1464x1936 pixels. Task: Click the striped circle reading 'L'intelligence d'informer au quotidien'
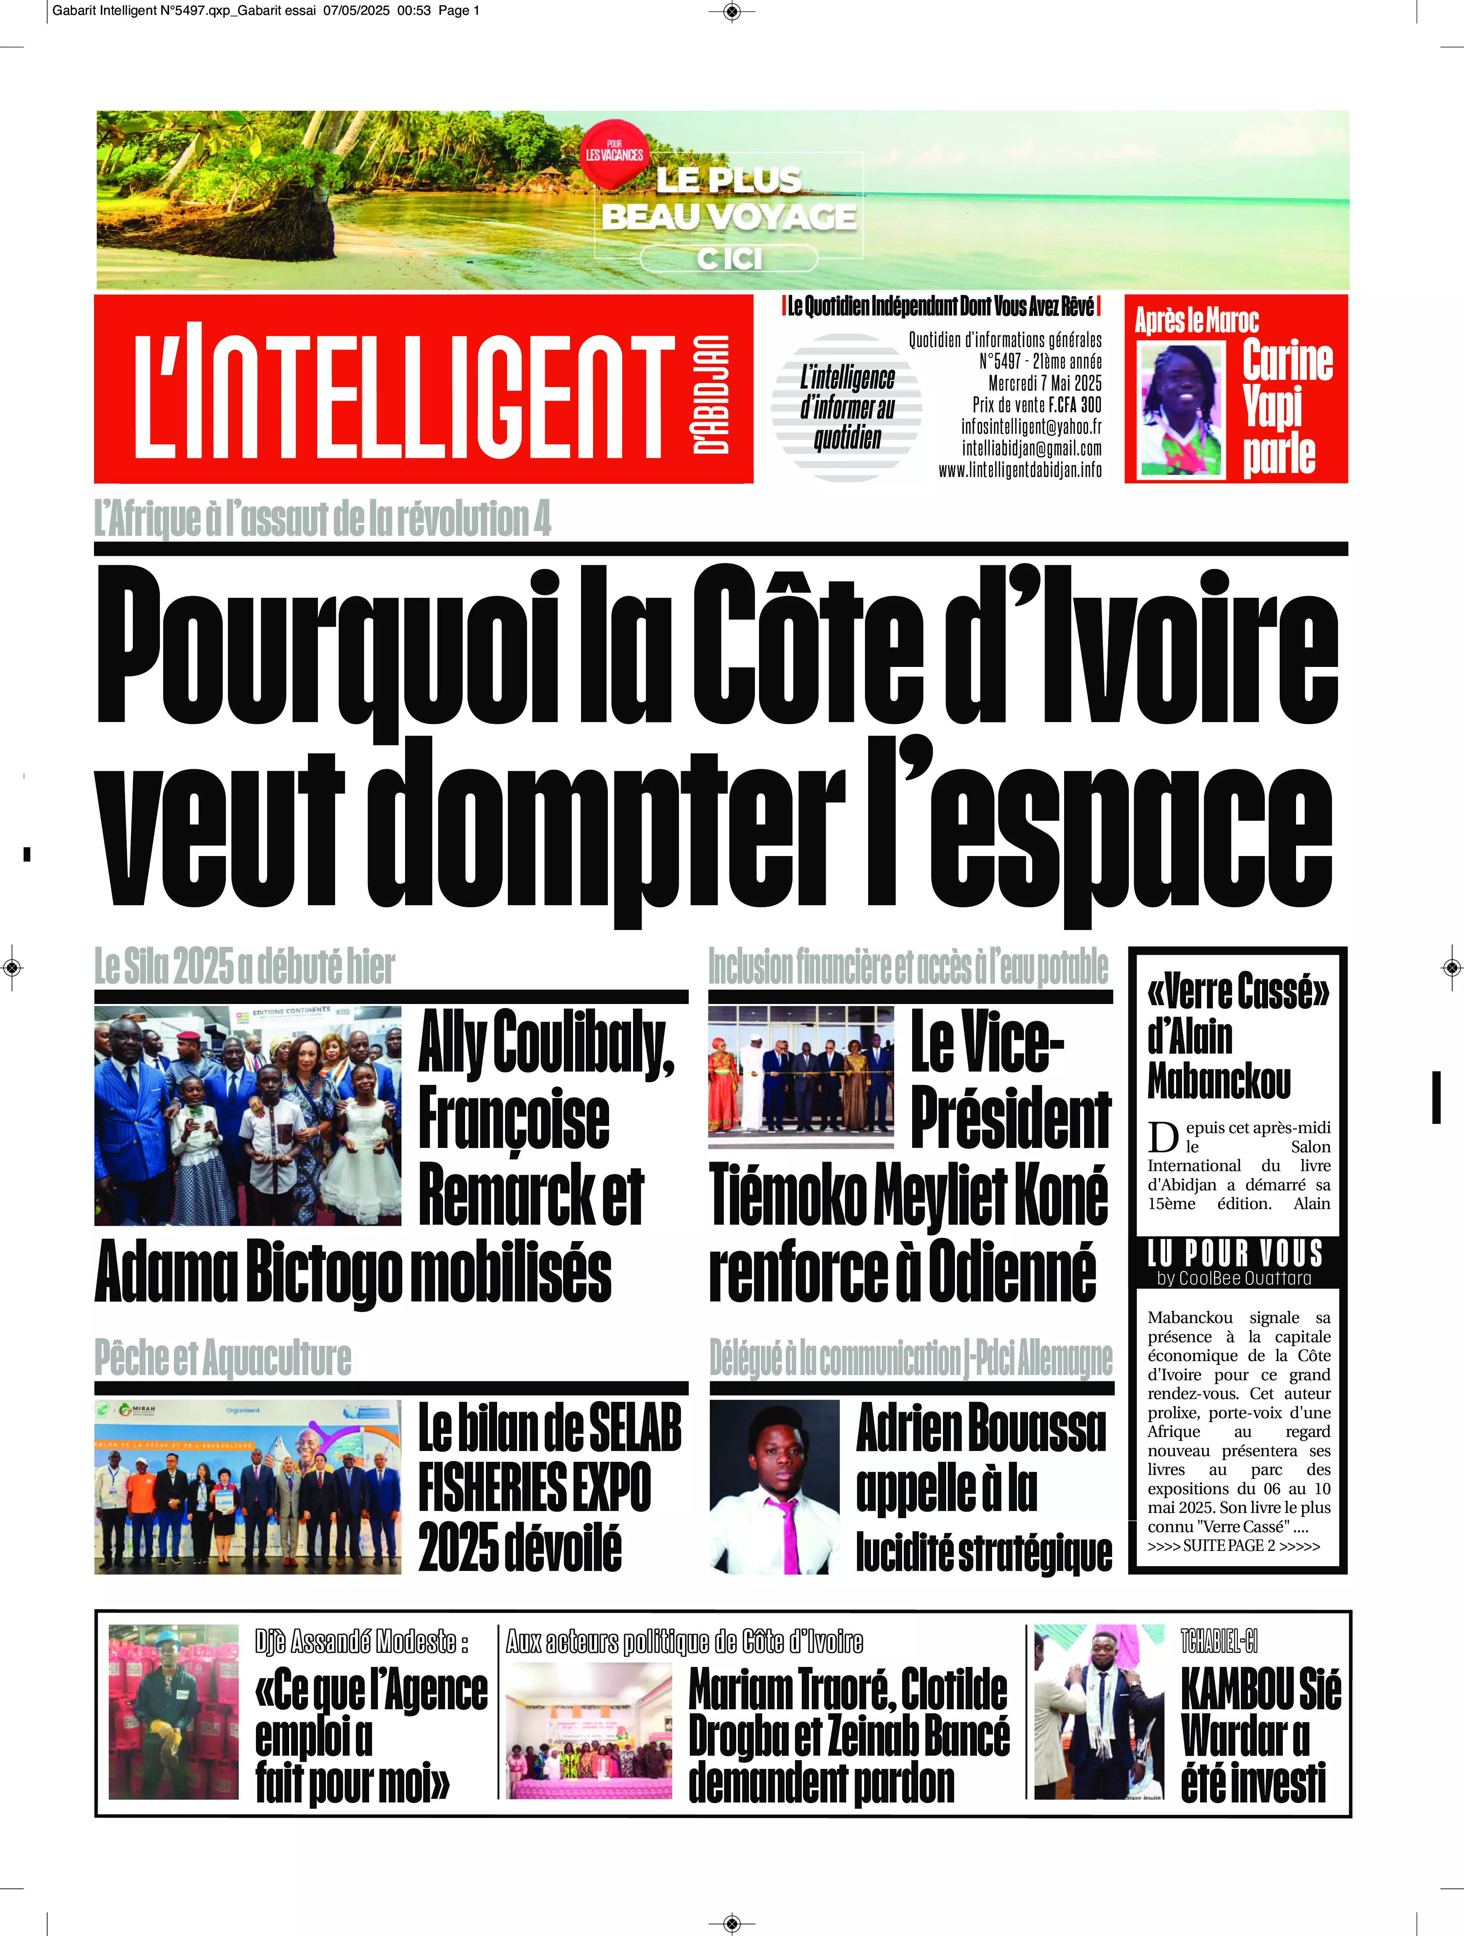coord(847,407)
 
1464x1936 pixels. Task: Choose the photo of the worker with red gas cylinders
coord(174,1711)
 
